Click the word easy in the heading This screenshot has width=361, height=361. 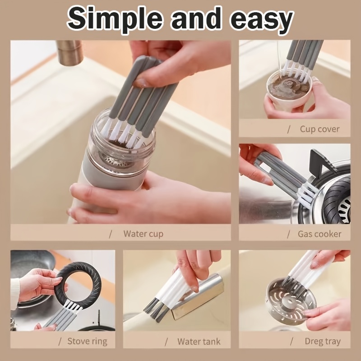pos(262,21)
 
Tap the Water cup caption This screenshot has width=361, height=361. pos(143,234)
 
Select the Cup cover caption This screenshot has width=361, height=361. pos(319,129)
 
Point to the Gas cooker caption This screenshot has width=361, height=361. pos(319,234)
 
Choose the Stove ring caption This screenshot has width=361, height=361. pos(87,341)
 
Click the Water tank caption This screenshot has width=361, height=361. pos(199,342)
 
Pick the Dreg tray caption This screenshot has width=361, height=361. pos(323,341)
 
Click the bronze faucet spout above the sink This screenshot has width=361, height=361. pos(69,52)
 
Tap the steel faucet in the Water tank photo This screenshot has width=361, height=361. pos(198,296)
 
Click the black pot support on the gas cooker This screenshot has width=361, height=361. pos(322,161)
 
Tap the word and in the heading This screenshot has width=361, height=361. pos(196,19)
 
